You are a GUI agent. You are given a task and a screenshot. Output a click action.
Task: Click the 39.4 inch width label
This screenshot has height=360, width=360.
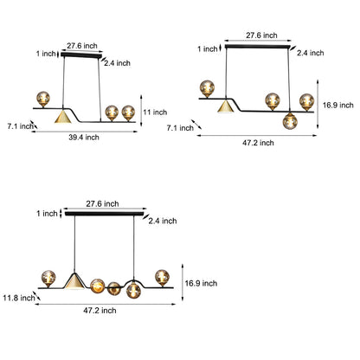(x=84, y=138)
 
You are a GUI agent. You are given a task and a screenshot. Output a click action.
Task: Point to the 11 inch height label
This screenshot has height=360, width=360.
(x=155, y=112)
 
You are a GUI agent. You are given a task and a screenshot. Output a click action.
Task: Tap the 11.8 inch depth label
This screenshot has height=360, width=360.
(x=19, y=298)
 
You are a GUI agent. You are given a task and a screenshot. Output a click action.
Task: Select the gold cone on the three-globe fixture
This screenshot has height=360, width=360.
(x=63, y=116)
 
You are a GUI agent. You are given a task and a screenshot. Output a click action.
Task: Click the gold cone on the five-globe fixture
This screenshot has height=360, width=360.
(x=74, y=280)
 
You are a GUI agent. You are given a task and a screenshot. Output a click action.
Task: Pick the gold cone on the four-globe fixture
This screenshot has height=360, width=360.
(x=226, y=106)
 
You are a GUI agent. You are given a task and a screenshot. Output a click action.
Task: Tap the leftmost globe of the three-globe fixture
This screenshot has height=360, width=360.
(x=43, y=99)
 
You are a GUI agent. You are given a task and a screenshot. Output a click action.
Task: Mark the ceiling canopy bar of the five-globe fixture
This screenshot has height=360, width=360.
(x=104, y=214)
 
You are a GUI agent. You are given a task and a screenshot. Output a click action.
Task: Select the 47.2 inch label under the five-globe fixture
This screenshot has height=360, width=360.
(x=100, y=311)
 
